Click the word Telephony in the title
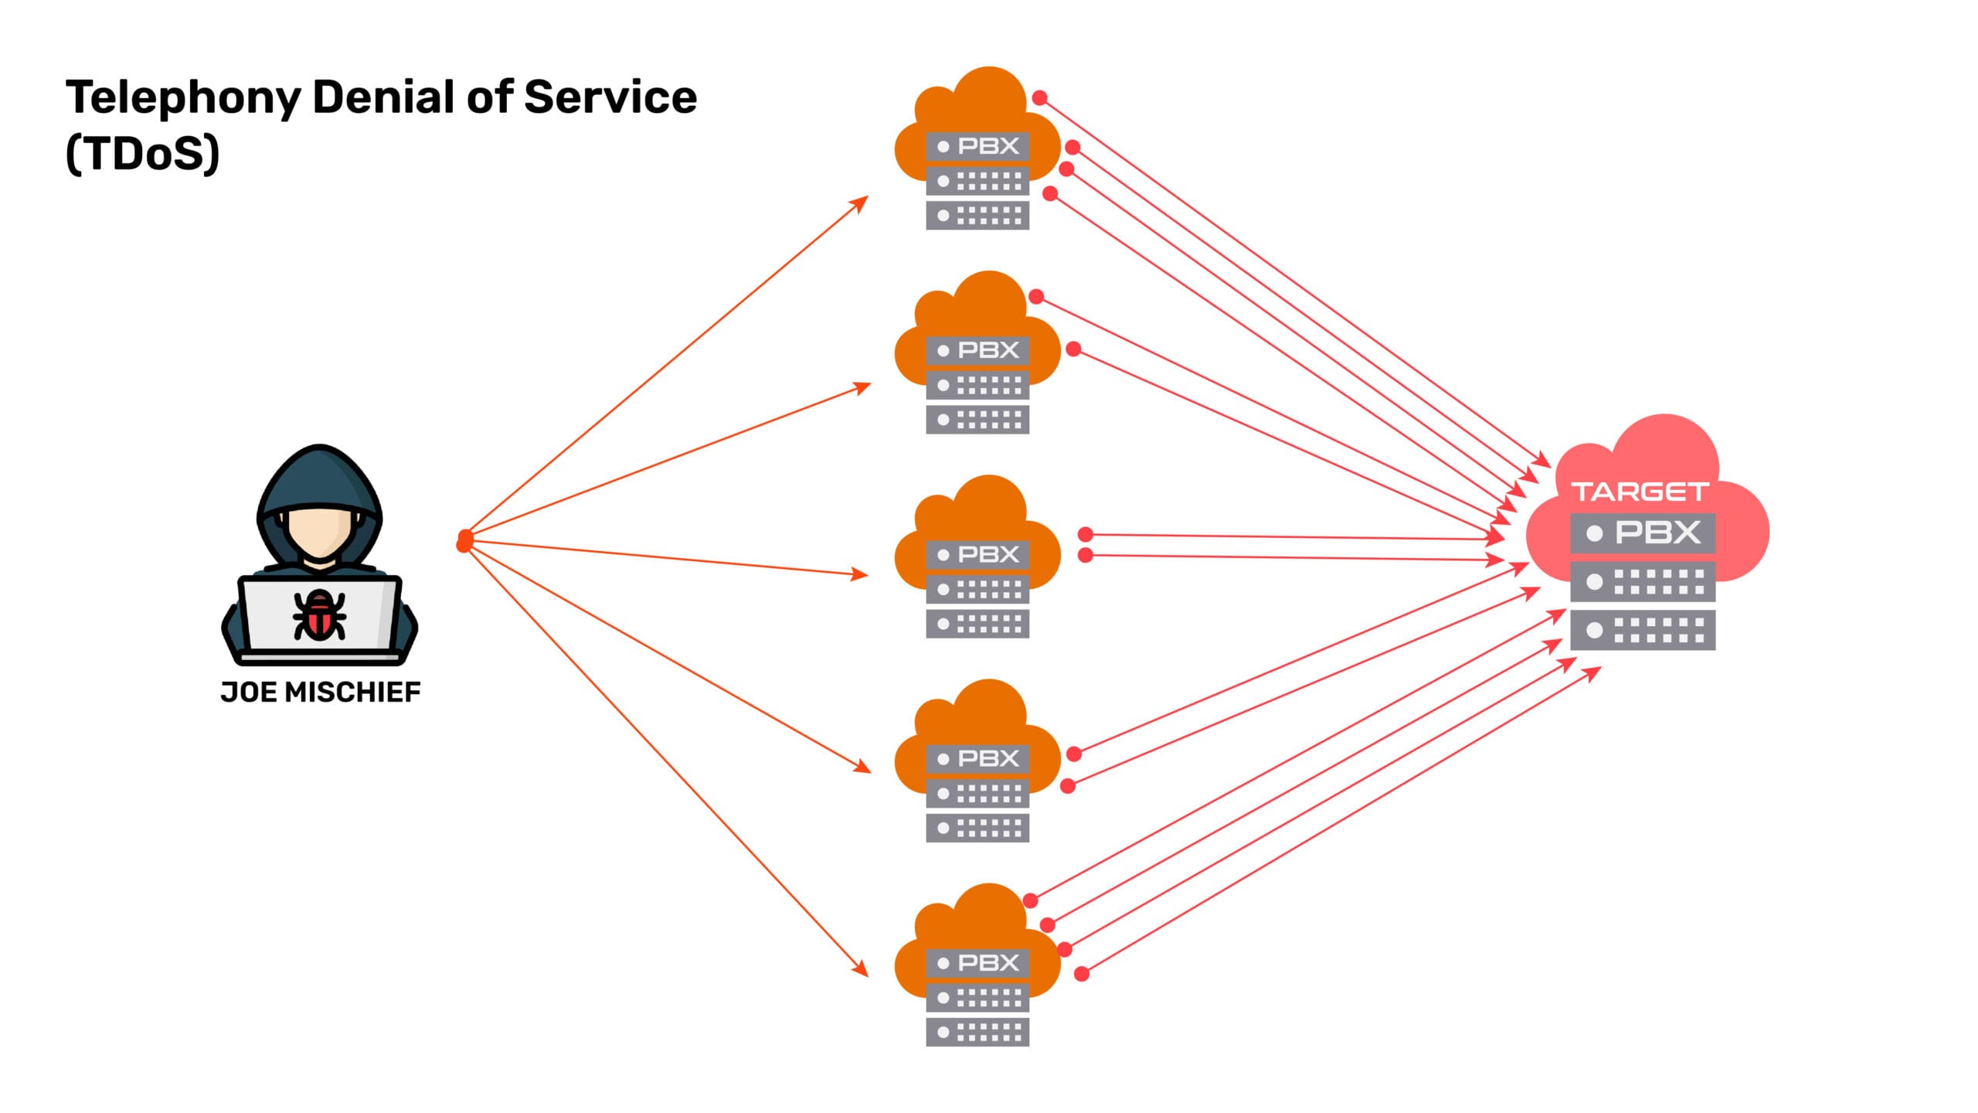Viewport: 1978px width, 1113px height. tap(183, 98)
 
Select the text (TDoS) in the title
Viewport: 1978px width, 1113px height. tap(143, 154)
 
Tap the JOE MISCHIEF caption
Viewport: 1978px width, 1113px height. tap(321, 692)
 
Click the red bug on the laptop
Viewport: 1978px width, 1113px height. tap(319, 616)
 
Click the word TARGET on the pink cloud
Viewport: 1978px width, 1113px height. tap(1640, 492)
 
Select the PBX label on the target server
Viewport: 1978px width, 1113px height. tap(1657, 533)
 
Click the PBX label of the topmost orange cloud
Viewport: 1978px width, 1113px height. tap(988, 146)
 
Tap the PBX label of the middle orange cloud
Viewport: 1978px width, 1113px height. tap(988, 554)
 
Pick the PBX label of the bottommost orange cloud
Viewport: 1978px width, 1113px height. tap(988, 962)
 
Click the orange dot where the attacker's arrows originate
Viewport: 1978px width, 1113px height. tap(464, 541)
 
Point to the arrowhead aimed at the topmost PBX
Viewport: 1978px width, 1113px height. tap(860, 203)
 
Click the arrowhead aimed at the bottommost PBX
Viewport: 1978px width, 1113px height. tap(860, 968)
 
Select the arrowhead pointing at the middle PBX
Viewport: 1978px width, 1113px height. tap(860, 574)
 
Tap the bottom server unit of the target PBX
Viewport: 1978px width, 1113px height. tap(1643, 630)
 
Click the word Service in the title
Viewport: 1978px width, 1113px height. tap(610, 98)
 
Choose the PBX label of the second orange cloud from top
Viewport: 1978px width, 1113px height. tap(988, 350)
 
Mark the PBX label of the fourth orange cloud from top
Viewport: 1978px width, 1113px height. tap(988, 758)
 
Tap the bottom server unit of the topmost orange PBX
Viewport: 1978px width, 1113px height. tap(977, 216)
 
